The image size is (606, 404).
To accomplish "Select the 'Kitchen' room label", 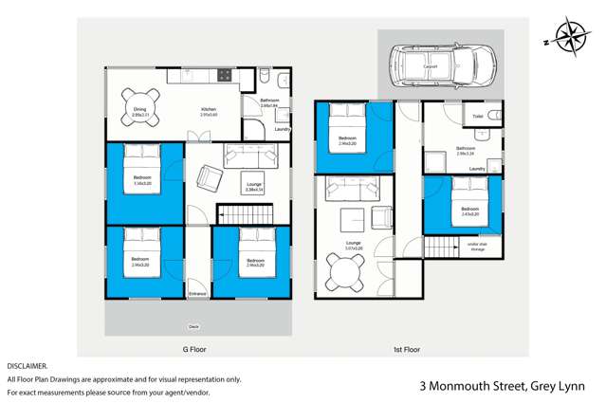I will click(208, 109).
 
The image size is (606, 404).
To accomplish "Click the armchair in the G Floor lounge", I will click(209, 176).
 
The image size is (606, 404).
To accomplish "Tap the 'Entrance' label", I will click(197, 294).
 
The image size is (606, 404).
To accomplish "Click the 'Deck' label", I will click(193, 326).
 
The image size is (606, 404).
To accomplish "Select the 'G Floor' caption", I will click(194, 349).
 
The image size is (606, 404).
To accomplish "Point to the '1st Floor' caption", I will click(406, 349).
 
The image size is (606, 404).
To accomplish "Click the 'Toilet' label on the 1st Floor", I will click(476, 117).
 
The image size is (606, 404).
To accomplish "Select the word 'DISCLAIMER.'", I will click(27, 365).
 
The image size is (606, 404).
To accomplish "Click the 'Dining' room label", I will click(139, 109).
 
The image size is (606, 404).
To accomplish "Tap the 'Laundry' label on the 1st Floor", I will click(477, 169).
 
